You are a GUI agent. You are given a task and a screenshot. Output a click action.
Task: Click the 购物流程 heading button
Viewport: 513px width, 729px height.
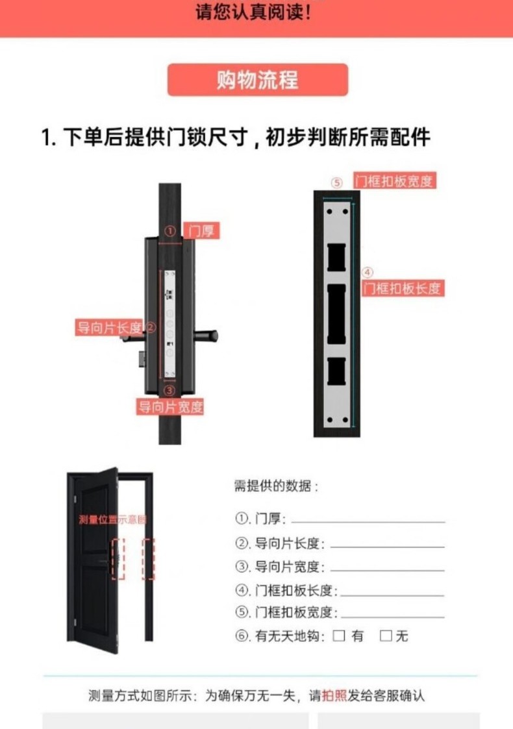[258, 80]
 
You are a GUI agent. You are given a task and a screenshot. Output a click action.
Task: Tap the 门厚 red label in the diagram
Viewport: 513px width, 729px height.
[201, 230]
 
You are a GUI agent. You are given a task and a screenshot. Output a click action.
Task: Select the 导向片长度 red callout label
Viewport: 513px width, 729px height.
[109, 327]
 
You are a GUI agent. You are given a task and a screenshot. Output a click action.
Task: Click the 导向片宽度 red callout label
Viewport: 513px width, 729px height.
[170, 407]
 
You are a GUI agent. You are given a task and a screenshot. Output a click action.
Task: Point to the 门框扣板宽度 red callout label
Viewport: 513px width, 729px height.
[394, 181]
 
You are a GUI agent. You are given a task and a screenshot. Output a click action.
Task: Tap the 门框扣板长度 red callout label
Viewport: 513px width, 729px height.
[403, 288]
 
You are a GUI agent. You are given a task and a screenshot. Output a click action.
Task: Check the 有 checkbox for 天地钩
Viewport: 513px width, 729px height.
[339, 636]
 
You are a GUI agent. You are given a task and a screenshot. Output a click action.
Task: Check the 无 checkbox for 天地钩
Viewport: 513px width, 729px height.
[386, 636]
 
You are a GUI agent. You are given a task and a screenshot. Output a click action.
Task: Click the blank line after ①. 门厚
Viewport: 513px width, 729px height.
[368, 523]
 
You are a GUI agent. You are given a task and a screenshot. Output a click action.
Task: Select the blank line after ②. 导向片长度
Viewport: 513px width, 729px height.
[388, 547]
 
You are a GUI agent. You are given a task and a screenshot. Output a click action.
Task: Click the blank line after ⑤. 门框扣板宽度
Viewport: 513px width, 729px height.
[393, 617]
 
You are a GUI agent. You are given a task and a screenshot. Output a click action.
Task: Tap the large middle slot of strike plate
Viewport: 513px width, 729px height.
[337, 314]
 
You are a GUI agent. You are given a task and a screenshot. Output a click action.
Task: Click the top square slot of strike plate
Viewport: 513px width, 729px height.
[337, 257]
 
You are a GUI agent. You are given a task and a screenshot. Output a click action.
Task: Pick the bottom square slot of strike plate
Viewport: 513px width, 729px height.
[337, 371]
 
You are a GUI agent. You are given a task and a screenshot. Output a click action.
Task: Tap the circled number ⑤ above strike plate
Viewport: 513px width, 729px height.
[337, 182]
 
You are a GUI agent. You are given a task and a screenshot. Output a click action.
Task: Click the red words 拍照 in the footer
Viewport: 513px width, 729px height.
[334, 695]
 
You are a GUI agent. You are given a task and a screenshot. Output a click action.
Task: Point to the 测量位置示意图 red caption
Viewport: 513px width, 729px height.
[112, 519]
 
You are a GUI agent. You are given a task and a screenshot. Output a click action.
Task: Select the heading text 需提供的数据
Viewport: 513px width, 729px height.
[273, 486]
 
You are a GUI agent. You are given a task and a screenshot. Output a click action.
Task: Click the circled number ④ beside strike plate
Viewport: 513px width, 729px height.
[368, 272]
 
